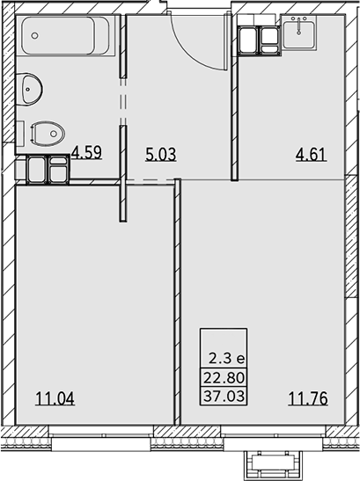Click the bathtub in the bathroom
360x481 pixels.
(65, 35)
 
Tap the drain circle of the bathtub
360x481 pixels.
(34, 35)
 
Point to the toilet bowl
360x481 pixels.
(48, 134)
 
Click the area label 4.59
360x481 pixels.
(86, 152)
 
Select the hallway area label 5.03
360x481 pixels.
(161, 154)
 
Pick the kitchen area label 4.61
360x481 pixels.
(312, 154)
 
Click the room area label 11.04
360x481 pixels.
(55, 398)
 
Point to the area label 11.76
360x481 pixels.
(308, 398)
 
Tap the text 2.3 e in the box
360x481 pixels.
(227, 358)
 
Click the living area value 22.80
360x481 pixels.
(224, 377)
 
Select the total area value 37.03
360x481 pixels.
(224, 396)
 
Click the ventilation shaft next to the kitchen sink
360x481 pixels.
(260, 40)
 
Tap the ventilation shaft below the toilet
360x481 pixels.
(48, 170)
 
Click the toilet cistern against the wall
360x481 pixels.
(20, 134)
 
